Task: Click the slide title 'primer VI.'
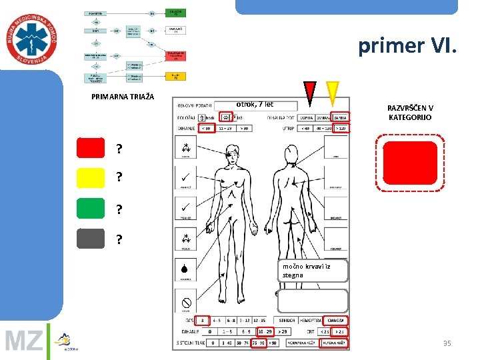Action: [x=407, y=45]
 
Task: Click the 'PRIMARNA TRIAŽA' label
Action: [x=122, y=97]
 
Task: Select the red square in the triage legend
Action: [x=91, y=147]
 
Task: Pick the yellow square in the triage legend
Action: [x=91, y=178]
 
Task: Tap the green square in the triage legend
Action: [x=91, y=208]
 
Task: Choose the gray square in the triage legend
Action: [x=91, y=238]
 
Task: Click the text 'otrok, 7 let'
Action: [x=254, y=104]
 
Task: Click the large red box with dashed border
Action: [x=410, y=163]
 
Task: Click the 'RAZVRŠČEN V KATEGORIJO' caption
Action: [x=410, y=113]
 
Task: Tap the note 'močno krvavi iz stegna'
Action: [x=313, y=270]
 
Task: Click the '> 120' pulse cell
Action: [x=340, y=128]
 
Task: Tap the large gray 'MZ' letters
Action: [x=23, y=341]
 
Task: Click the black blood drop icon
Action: [x=185, y=269]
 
